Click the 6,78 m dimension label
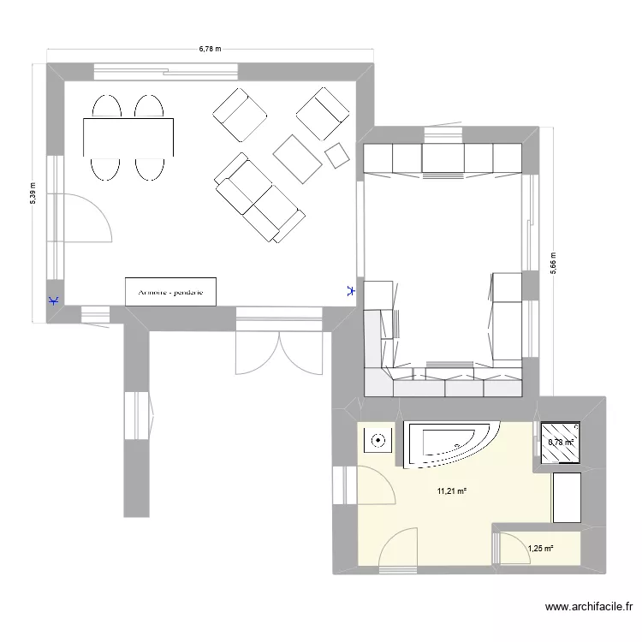pyautogui.click(x=210, y=49)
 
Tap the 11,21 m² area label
pyautogui.click(x=451, y=490)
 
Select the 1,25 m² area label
pyautogui.click(x=540, y=549)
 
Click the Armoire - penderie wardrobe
pyautogui.click(x=170, y=291)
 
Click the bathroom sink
pyautogui.click(x=377, y=442)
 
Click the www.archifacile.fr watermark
pyautogui.click(x=589, y=609)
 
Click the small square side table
pyautogui.click(x=337, y=155)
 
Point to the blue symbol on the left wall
pyautogui.click(x=54, y=301)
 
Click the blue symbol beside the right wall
pyautogui.click(x=349, y=291)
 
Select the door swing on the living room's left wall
pyautogui.click(x=88, y=218)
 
